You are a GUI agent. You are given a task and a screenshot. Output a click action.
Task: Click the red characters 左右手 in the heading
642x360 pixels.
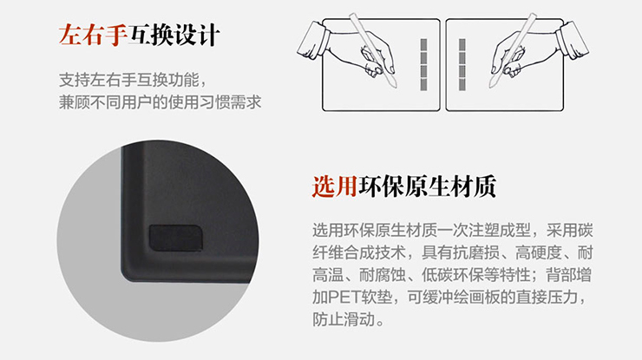[94, 36]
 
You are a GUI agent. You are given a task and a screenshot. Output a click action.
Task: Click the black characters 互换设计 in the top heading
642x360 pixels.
[174, 36]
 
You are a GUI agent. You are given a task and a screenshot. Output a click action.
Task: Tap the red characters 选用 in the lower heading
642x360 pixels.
[335, 187]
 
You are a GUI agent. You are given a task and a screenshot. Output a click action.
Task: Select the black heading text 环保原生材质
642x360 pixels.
[427, 187]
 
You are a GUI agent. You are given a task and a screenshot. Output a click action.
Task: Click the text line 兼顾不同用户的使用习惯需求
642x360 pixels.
[160, 102]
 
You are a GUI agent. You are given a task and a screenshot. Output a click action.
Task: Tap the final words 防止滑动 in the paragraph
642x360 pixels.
[344, 319]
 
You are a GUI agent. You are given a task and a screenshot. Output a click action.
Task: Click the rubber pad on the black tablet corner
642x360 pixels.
[175, 238]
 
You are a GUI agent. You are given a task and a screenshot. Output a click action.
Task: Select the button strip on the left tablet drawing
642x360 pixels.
[423, 65]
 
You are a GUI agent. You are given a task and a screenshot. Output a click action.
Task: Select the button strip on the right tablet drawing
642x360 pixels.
[462, 65]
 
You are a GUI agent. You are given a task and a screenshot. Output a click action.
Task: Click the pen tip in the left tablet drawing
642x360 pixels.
[394, 85]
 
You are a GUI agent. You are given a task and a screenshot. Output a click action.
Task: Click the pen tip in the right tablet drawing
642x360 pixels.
[492, 85]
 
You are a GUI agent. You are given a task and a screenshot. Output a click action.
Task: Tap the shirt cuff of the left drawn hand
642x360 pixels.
[313, 41]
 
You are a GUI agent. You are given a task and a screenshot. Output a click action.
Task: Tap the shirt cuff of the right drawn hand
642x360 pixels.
[573, 40]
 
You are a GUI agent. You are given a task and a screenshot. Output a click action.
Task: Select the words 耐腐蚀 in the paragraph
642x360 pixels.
[383, 275]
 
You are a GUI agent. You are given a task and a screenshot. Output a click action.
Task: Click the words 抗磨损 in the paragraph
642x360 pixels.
[476, 253]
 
